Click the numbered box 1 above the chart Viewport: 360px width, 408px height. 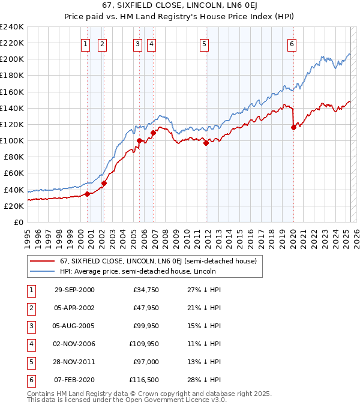coord(85,43)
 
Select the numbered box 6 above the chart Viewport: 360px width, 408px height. coord(292,43)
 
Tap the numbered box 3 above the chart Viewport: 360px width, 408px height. coord(137,43)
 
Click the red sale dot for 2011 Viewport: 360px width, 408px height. coord(206,143)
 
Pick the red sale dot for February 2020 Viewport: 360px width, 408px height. coord(293,127)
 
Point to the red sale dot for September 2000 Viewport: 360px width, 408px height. coord(88,193)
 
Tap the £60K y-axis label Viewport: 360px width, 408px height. coord(14,173)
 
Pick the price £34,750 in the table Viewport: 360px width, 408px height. coord(145,290)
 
